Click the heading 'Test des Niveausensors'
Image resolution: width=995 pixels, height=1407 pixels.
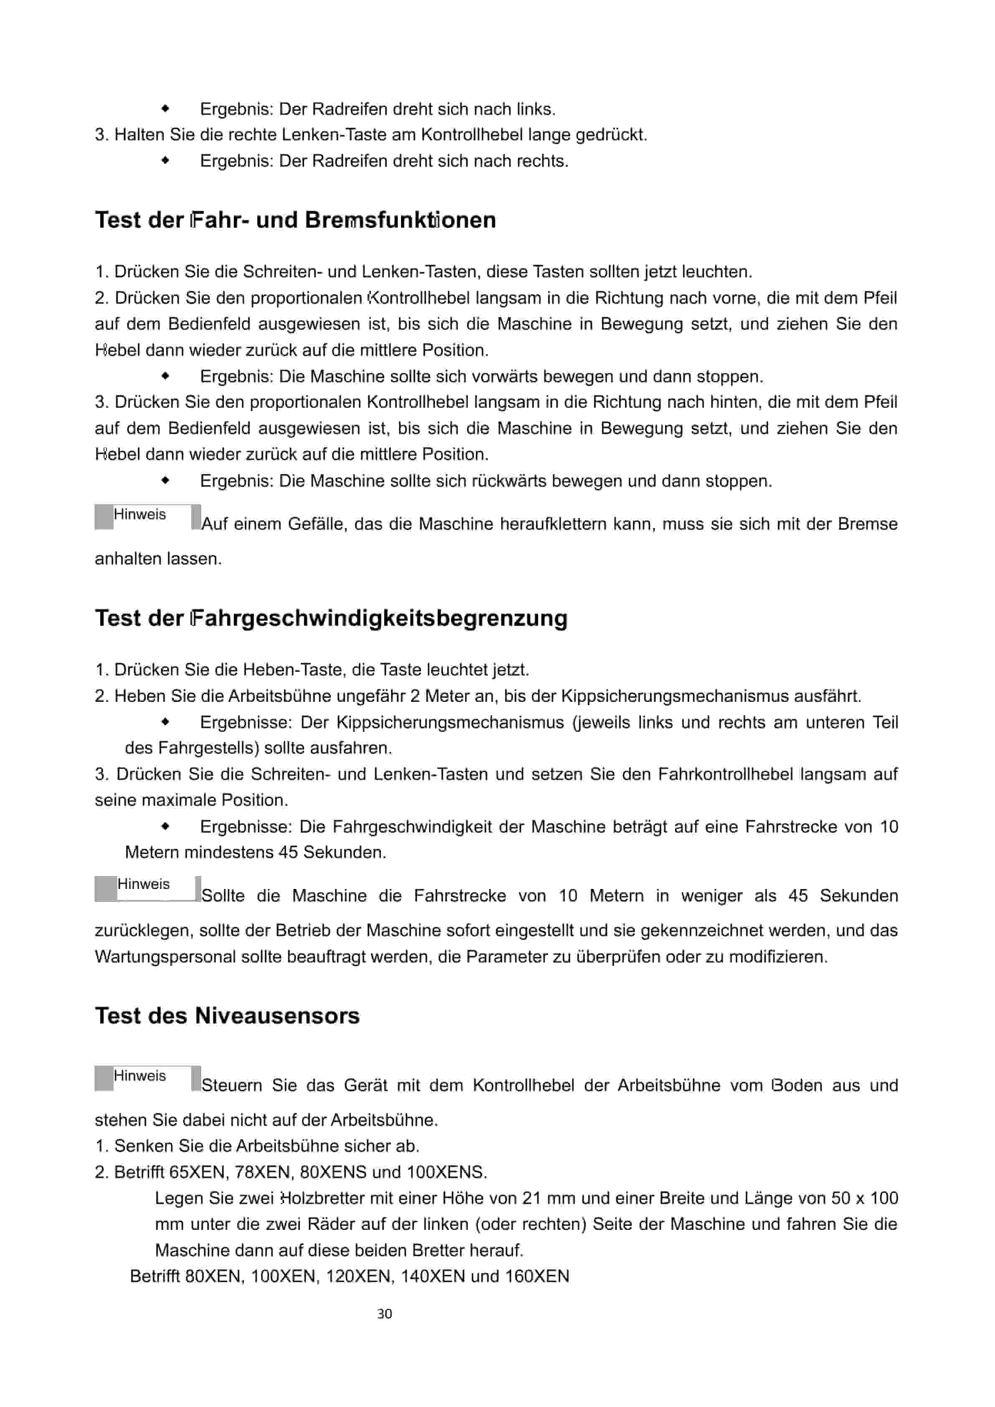pos(227,1016)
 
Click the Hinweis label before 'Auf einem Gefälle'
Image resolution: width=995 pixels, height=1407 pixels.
pos(140,514)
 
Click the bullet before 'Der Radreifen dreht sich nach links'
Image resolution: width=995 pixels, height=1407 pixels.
pos(165,109)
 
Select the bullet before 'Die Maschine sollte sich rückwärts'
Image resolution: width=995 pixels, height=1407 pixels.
pos(165,480)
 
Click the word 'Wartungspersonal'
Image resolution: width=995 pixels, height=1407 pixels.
pos(165,957)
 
